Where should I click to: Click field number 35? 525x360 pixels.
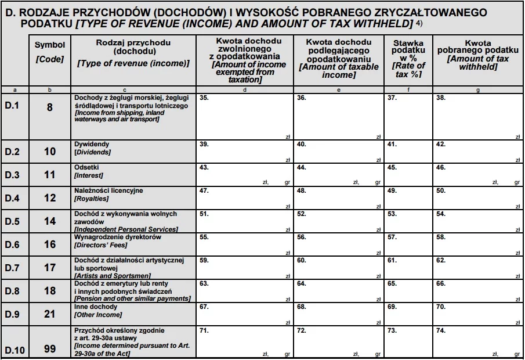(x=204, y=98)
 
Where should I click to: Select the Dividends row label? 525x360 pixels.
(x=92, y=148)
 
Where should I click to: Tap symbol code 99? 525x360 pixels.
(x=50, y=349)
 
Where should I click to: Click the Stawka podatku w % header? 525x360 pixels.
(x=408, y=59)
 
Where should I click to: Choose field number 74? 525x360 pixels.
(x=441, y=330)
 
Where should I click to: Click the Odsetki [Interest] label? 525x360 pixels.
(x=89, y=171)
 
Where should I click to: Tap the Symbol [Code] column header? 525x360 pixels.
(x=50, y=52)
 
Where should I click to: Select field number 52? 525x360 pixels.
(x=301, y=214)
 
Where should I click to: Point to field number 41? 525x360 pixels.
(x=392, y=144)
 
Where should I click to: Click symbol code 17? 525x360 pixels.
(x=50, y=268)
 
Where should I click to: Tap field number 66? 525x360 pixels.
(x=441, y=284)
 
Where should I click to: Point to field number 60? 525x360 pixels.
(x=301, y=261)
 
